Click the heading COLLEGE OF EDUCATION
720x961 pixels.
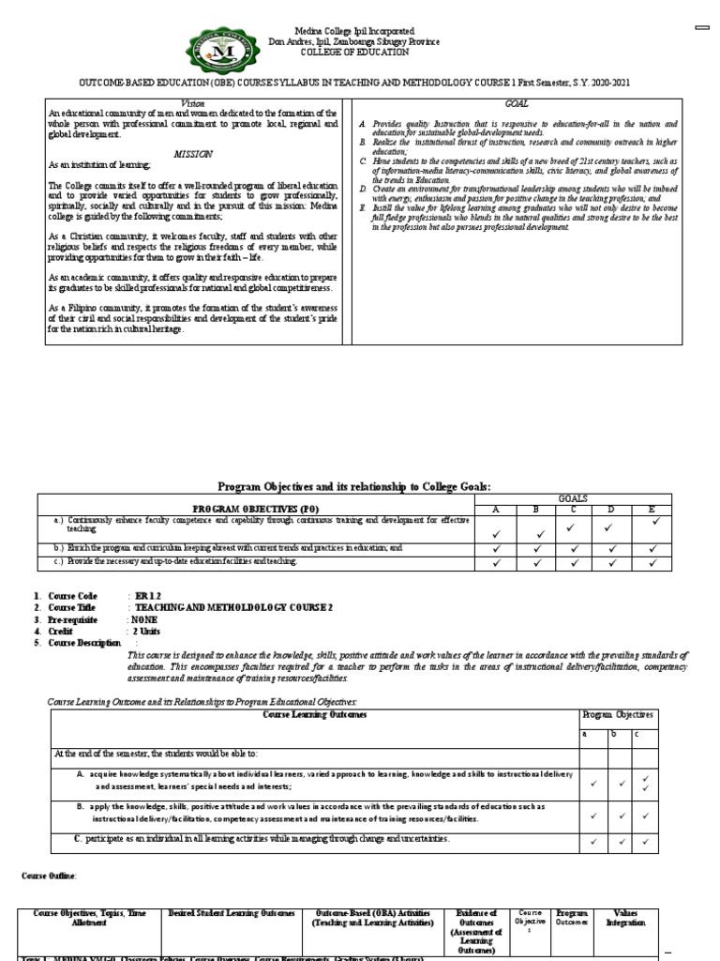click(354, 53)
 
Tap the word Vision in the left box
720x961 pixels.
click(191, 102)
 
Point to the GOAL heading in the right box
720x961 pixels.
click(517, 102)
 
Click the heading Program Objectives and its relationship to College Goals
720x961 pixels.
click(354, 485)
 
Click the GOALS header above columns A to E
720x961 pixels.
click(573, 499)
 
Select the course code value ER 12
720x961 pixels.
click(146, 596)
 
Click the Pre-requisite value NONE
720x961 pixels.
click(144, 619)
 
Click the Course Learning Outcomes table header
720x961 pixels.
click(315, 715)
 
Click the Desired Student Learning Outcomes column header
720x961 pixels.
click(232, 912)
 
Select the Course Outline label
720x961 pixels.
click(50, 876)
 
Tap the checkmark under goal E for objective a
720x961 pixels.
click(656, 519)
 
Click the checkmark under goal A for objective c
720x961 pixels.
click(498, 562)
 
